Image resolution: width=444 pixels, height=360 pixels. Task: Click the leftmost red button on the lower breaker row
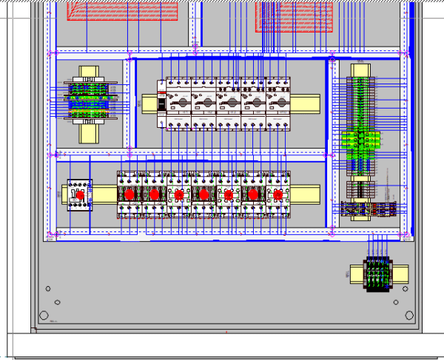[129, 194]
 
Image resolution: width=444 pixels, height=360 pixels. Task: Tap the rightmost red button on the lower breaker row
[278, 194]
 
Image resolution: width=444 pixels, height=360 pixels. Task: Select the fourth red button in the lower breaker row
[203, 194]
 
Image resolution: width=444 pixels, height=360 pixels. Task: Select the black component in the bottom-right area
[377, 274]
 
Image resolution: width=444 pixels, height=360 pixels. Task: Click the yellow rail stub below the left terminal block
[89, 133]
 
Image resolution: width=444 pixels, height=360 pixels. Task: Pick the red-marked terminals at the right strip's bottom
[370, 208]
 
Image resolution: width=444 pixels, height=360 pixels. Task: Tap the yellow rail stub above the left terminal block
[89, 72]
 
